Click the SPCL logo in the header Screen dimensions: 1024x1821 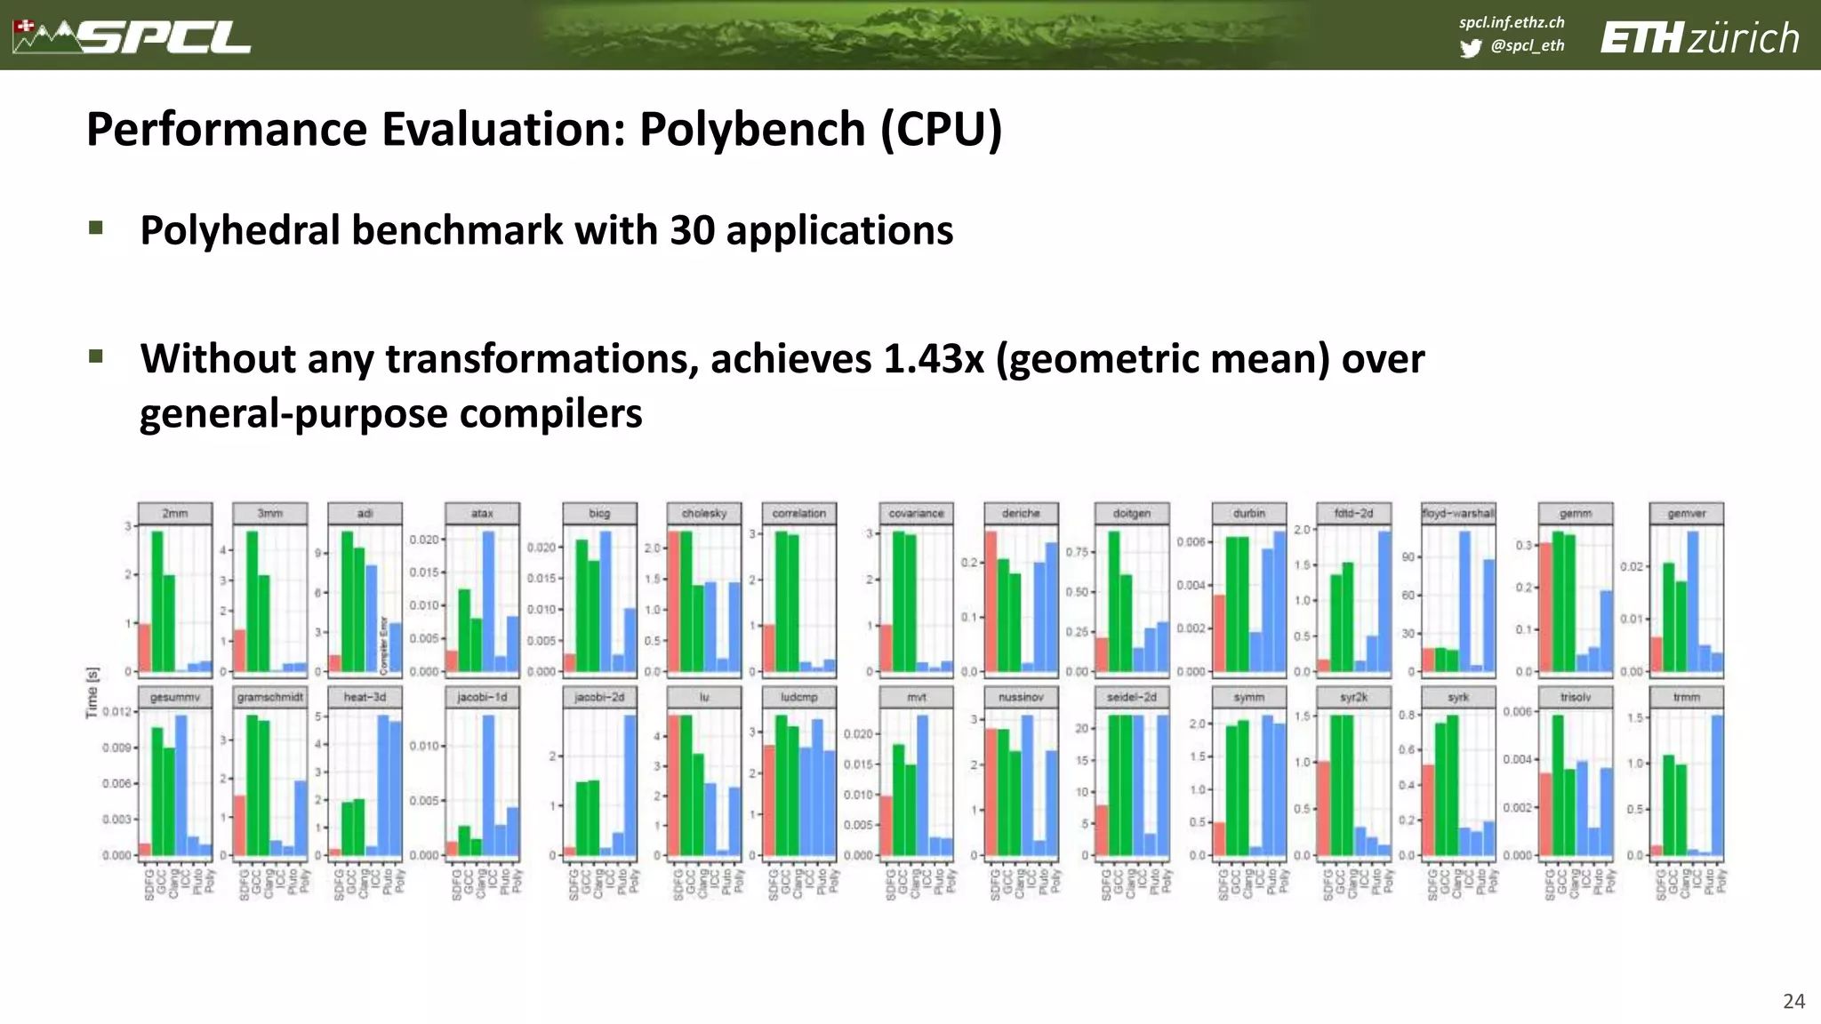point(133,36)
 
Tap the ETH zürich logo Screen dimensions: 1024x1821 point(1699,38)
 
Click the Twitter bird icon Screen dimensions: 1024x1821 point(1471,48)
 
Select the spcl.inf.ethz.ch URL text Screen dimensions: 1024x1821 point(1512,22)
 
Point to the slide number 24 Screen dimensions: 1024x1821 point(1793,1001)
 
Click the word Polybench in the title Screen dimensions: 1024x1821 point(752,130)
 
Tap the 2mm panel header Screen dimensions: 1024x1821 point(175,514)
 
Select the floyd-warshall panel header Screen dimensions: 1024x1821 point(1458,514)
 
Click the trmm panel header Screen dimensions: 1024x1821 point(1686,697)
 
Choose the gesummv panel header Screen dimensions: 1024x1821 point(175,697)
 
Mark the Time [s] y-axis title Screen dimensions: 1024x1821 point(92,692)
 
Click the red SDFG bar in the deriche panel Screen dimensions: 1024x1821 point(991,601)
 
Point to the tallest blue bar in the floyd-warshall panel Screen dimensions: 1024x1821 point(1464,601)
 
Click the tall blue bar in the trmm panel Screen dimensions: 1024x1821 point(1717,784)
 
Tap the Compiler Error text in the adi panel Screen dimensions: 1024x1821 point(384,644)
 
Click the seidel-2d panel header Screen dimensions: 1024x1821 point(1132,697)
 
